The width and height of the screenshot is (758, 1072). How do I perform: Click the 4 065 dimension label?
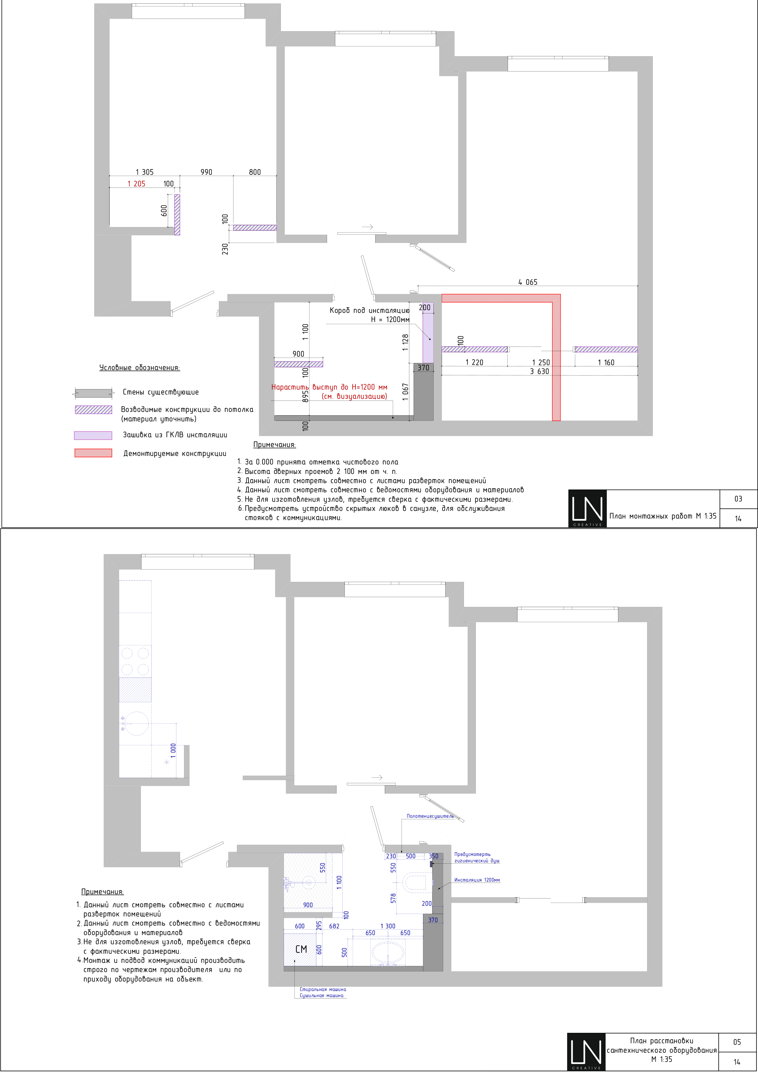click(x=528, y=282)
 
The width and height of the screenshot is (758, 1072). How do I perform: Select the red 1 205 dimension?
click(x=136, y=184)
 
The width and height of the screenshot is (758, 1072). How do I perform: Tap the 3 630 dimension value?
click(x=539, y=372)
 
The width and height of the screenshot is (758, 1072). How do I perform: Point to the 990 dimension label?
click(x=206, y=172)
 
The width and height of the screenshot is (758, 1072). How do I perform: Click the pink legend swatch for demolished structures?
click(x=94, y=453)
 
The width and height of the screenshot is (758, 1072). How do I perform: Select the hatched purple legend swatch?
click(x=94, y=409)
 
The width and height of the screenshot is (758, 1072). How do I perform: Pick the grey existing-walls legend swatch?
click(x=94, y=393)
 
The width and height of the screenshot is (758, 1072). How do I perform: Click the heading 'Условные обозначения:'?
click(x=140, y=368)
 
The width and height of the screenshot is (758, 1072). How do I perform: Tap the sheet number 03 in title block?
click(x=738, y=499)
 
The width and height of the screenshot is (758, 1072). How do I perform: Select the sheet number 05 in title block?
click(x=737, y=1042)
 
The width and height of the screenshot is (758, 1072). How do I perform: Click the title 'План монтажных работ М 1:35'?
click(x=663, y=516)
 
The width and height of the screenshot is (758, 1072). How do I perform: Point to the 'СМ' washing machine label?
click(x=301, y=949)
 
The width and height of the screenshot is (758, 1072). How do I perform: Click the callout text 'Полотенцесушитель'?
click(x=430, y=816)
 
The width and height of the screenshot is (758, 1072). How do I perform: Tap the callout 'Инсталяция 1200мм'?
click(x=477, y=880)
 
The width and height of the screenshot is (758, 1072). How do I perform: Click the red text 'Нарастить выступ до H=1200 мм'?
click(x=329, y=387)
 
